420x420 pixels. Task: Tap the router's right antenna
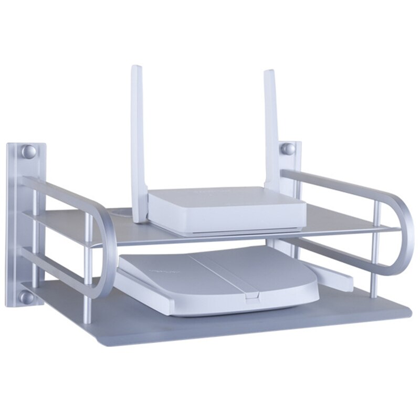click(x=271, y=131)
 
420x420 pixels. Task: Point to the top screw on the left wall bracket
click(x=29, y=152)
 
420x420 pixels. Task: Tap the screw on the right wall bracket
click(x=287, y=149)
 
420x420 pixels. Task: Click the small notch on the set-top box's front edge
click(x=251, y=299)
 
